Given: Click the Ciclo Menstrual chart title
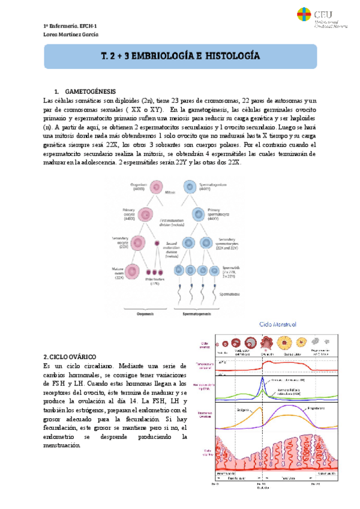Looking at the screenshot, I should coord(278,325).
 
